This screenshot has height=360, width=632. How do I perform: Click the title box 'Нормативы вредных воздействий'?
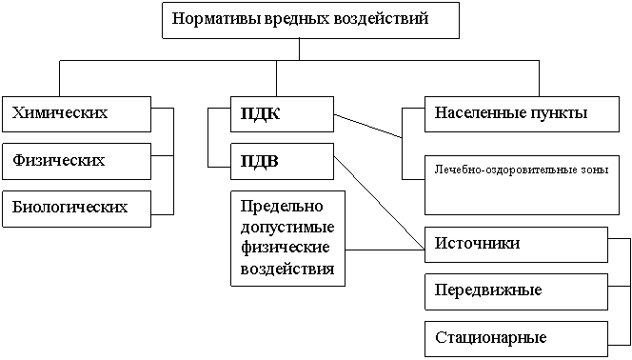pyautogui.click(x=310, y=20)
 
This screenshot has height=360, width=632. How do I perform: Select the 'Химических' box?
pyautogui.click(x=76, y=114)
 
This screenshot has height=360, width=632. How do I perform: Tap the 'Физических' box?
pyautogui.click(x=76, y=161)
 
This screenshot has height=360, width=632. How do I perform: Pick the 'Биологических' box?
pyautogui.click(x=76, y=209)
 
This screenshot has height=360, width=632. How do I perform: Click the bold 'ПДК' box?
pyautogui.click(x=282, y=114)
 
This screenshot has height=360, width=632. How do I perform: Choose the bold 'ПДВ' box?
pyautogui.click(x=282, y=161)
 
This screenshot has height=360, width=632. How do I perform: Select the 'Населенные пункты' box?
pyautogui.click(x=522, y=114)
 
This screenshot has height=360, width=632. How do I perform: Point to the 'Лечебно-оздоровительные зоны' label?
pyautogui.click(x=522, y=170)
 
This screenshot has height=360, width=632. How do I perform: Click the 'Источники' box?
pyautogui.click(x=516, y=245)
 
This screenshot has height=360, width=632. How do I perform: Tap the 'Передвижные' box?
pyautogui.click(x=516, y=291)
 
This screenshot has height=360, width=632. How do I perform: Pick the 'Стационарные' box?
pyautogui.click(x=516, y=339)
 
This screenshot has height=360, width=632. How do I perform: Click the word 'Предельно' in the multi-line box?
pyautogui.click(x=282, y=207)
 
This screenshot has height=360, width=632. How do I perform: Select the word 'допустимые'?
pyautogui.click(x=287, y=228)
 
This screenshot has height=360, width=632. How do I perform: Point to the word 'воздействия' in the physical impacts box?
pyautogui.click(x=287, y=269)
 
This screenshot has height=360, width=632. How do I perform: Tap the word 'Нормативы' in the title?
pyautogui.click(x=216, y=19)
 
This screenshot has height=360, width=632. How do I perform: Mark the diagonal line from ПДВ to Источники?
pyautogui.click(x=379, y=203)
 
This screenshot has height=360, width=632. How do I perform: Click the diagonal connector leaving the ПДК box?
pyautogui.click(x=368, y=126)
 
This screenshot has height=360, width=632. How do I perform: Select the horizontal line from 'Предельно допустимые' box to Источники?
pyautogui.click(x=385, y=250)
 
